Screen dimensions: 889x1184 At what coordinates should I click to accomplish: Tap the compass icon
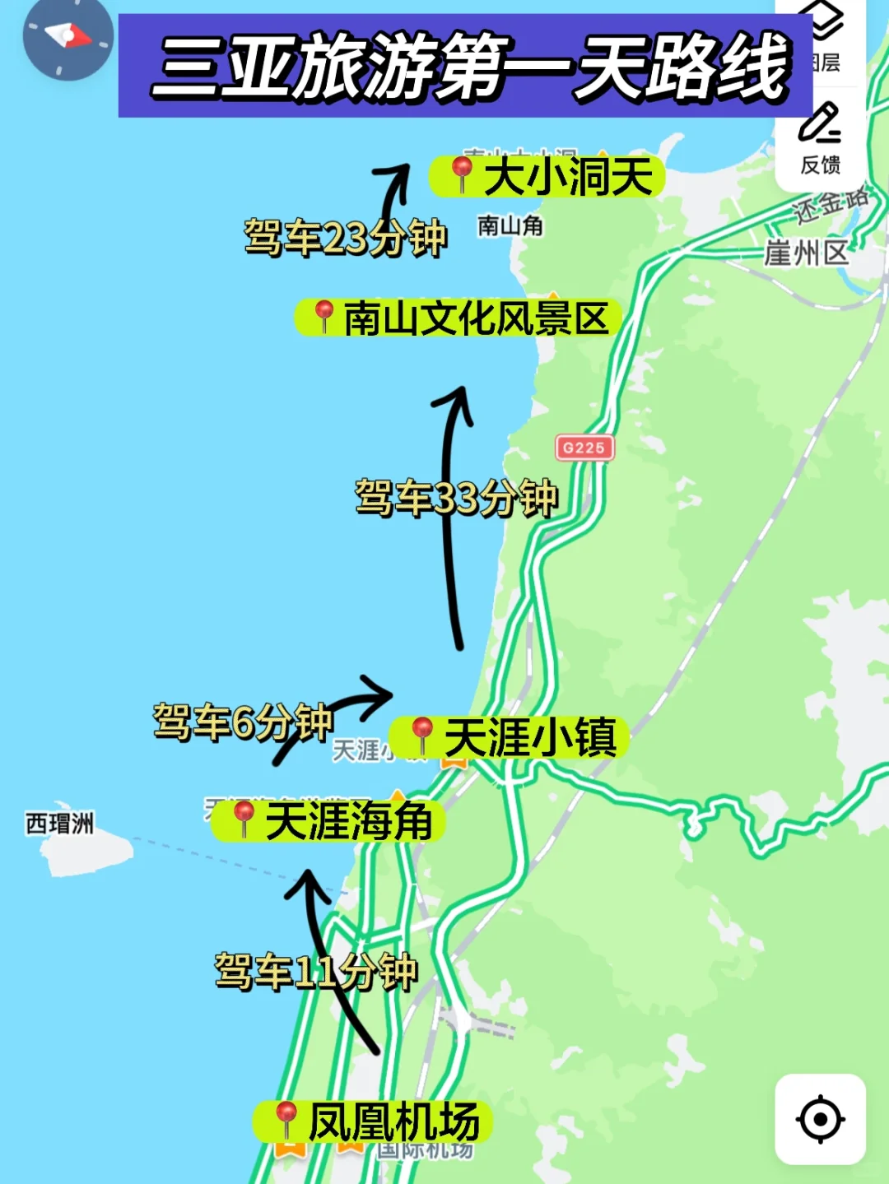pyautogui.click(x=67, y=38)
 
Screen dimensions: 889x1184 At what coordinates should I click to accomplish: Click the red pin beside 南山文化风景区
pyautogui.click(x=323, y=316)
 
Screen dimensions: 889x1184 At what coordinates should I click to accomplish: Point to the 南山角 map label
pyautogui.click(x=510, y=225)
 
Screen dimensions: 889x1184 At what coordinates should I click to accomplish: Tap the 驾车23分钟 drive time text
pyautogui.click(x=345, y=238)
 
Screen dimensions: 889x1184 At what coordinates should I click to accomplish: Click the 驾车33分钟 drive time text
pyautogui.click(x=456, y=498)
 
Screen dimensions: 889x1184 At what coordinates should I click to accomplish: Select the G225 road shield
pyautogui.click(x=584, y=448)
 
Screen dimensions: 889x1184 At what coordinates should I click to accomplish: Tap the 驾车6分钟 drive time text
pyautogui.click(x=243, y=722)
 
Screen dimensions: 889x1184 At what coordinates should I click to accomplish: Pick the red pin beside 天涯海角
pyautogui.click(x=243, y=819)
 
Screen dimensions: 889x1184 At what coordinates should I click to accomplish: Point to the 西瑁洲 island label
pyautogui.click(x=59, y=823)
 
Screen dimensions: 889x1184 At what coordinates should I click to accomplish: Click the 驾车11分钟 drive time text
pyautogui.click(x=316, y=972)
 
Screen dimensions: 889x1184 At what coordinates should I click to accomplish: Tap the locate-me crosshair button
pyautogui.click(x=820, y=1119)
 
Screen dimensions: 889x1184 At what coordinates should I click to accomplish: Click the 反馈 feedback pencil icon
pyautogui.click(x=819, y=123)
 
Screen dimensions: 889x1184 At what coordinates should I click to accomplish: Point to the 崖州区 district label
pyautogui.click(x=806, y=253)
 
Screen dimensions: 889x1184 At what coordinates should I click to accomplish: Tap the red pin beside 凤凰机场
pyautogui.click(x=286, y=1119)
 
